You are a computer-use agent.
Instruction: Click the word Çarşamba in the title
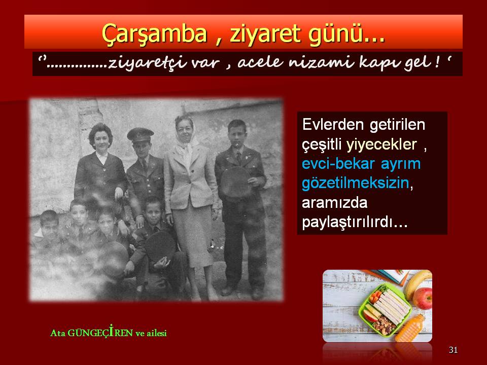pos(155,33)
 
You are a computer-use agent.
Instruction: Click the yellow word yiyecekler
pos(381,144)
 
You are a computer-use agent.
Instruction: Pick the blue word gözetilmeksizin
pos(356,183)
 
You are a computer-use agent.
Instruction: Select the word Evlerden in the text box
pos(333,125)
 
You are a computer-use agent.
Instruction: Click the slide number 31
pos(453,350)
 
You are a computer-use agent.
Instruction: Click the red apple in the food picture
pos(423,298)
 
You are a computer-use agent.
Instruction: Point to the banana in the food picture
pos(418,283)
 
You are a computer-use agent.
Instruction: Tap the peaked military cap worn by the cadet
pos(140,135)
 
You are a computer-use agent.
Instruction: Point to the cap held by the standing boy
pos(235,183)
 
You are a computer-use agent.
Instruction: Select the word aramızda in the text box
pos(334,203)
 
